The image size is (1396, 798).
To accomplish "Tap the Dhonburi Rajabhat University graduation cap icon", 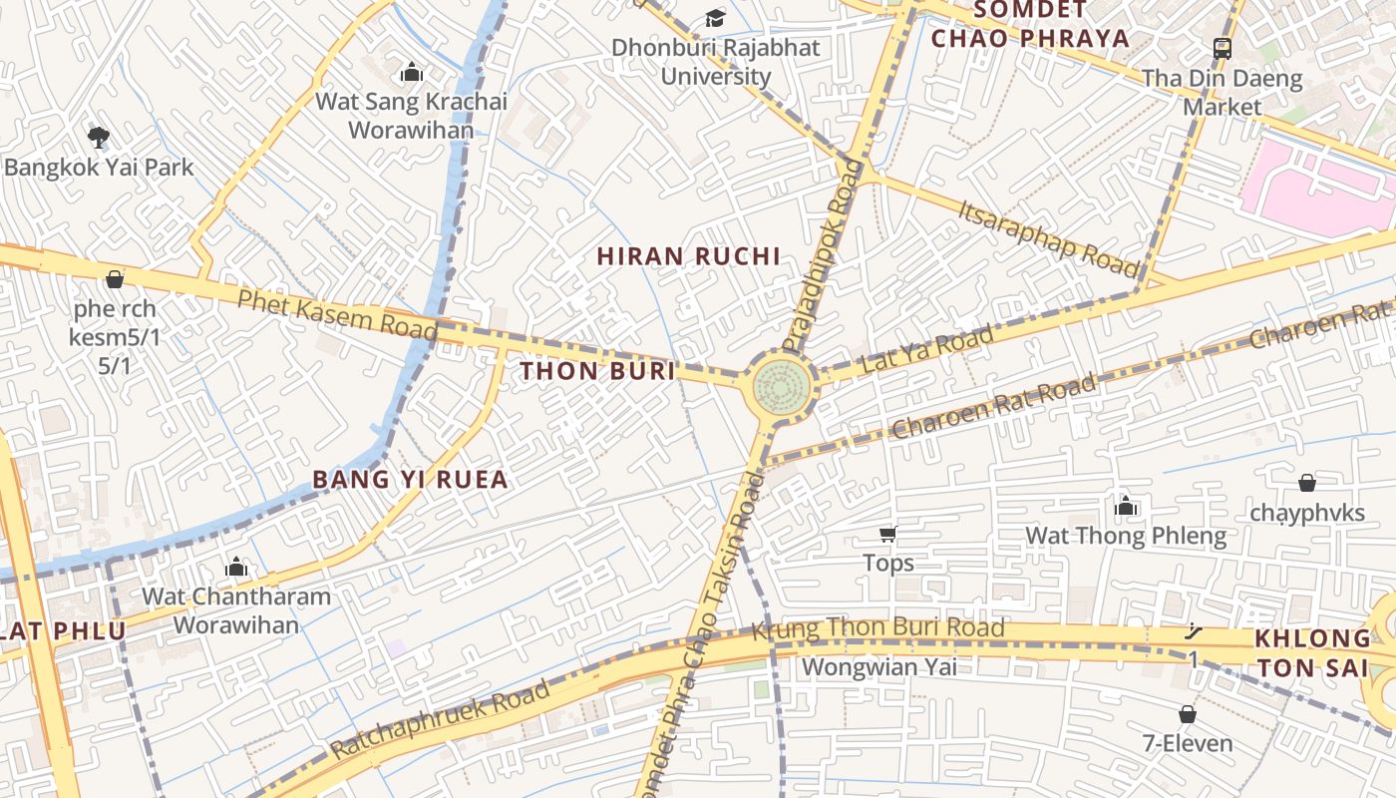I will coord(715,17).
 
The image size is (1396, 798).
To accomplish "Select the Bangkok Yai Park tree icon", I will coord(98,137).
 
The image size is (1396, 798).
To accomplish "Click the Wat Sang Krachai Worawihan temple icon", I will coord(411,72).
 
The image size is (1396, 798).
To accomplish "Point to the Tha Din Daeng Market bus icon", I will coord(1222,48).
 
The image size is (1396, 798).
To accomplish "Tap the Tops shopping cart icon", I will coord(887,534).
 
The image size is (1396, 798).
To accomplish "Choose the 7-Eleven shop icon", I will coord(1187,714).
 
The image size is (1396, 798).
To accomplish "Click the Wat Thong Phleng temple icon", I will coord(1126,506).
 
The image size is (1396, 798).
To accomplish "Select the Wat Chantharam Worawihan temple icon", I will coord(236,567).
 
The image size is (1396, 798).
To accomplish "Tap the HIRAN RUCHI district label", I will coord(688,256).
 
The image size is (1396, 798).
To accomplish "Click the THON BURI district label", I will coord(597,371).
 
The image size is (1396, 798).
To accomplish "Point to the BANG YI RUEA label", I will coord(410,479).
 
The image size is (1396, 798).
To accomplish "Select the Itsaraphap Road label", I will coord(1048,237).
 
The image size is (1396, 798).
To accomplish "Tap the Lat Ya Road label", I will coord(927,349).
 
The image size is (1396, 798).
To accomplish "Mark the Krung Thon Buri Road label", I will coord(877,628).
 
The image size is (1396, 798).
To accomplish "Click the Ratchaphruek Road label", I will coord(440,718).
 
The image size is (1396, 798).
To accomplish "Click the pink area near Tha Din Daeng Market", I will coord(1316,190).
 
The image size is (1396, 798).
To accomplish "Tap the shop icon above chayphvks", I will coord(1307,483).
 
